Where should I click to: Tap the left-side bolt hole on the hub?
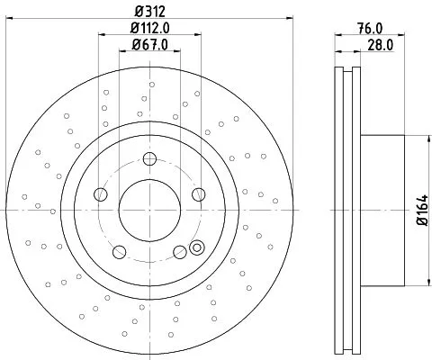click(101, 195)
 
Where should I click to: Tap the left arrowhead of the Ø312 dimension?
click(7, 20)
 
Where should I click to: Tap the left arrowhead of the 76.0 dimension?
click(338, 35)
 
